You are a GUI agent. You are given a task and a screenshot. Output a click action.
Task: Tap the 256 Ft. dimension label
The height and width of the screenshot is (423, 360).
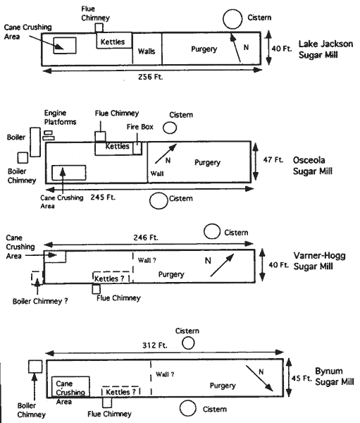click(151, 77)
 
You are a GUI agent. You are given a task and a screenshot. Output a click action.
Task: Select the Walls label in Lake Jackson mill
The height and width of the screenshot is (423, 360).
click(147, 51)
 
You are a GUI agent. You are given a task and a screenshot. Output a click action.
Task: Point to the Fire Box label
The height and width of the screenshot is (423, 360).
click(140, 127)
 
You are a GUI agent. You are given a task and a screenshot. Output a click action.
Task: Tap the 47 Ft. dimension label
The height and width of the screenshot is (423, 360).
click(273, 160)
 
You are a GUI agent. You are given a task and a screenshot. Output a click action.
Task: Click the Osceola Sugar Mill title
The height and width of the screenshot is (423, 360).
click(313, 166)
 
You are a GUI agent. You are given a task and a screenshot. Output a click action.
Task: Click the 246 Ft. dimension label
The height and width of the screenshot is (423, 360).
click(146, 238)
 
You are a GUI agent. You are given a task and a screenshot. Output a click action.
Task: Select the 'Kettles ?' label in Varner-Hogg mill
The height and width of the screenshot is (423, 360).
click(109, 278)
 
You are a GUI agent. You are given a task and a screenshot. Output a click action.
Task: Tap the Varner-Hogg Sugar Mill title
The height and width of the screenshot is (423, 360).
click(319, 261)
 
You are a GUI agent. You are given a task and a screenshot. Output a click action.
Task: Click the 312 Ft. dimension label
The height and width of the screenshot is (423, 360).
click(155, 345)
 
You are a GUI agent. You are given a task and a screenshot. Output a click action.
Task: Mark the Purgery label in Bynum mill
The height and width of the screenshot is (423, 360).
click(223, 386)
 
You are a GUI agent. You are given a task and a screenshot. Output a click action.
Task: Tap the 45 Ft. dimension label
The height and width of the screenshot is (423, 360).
click(302, 378)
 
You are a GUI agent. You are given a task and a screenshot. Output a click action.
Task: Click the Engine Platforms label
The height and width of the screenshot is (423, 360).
click(60, 117)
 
